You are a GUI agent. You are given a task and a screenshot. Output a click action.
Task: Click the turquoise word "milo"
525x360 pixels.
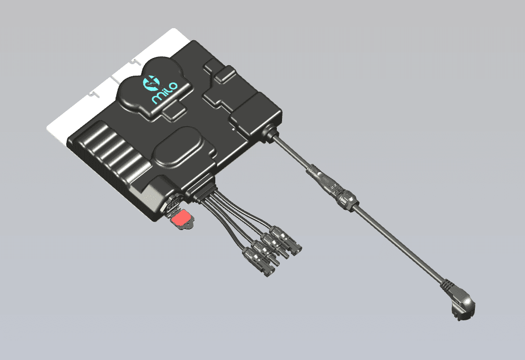pyautogui.click(x=164, y=92)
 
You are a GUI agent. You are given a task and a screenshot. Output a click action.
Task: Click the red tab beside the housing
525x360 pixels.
pyautogui.click(x=181, y=217)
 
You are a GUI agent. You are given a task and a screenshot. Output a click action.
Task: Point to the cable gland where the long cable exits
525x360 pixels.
pyautogui.click(x=271, y=131)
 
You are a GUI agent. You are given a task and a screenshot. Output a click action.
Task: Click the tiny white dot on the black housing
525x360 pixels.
pyautogui.click(x=234, y=128)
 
